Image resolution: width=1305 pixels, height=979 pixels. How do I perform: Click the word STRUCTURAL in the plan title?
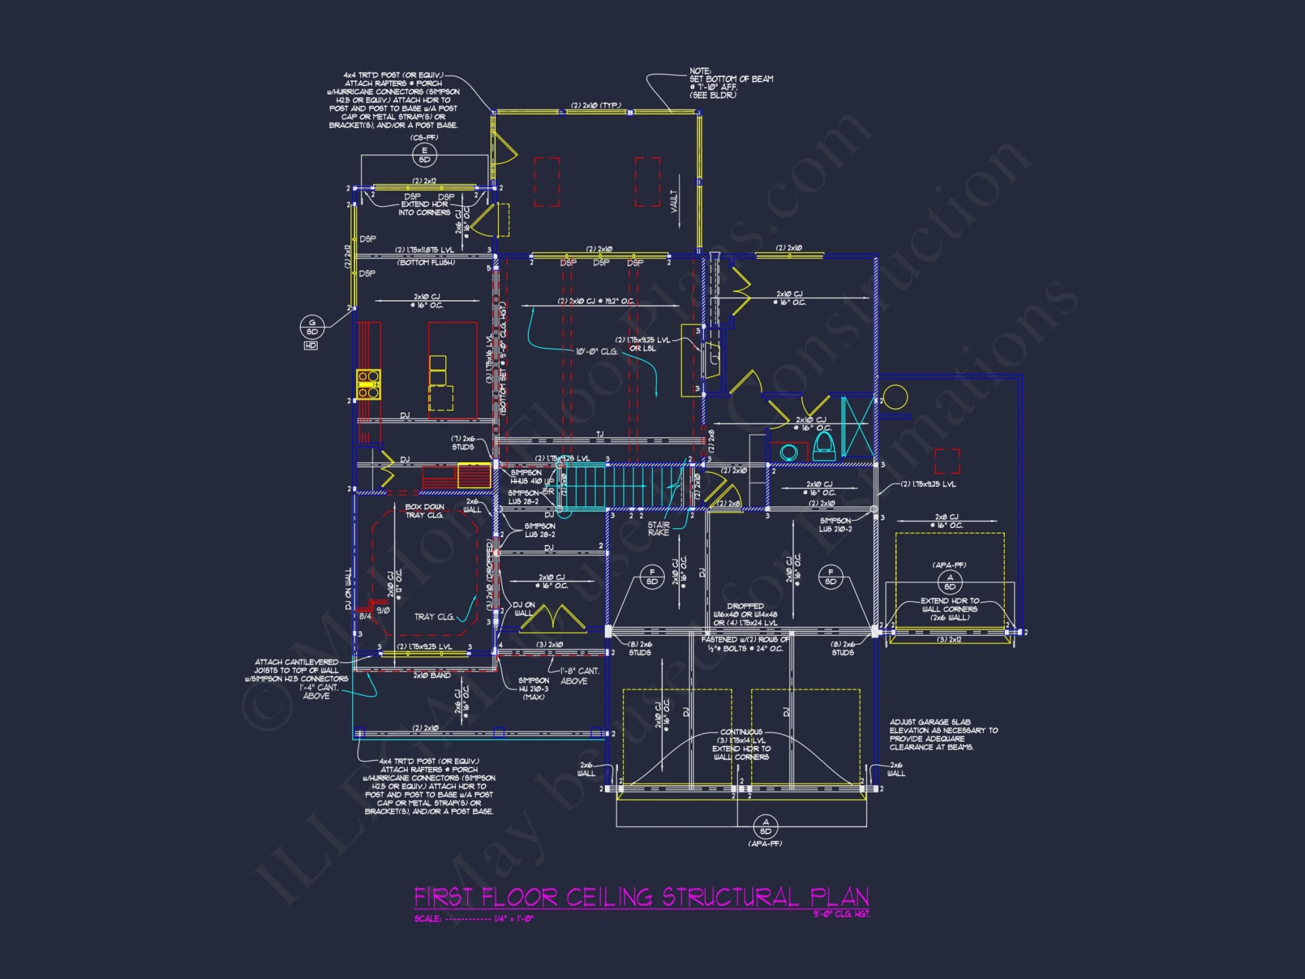pyautogui.click(x=731, y=897)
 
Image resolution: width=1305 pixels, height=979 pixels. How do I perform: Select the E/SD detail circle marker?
pyautogui.click(x=424, y=155)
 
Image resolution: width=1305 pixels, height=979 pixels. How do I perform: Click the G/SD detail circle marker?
pyautogui.click(x=312, y=327)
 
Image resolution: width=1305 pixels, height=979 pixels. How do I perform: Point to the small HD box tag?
pyautogui.click(x=311, y=345)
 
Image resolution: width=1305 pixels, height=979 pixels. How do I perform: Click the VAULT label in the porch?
pyautogui.click(x=674, y=200)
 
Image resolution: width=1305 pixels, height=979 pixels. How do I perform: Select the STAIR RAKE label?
pyautogui.click(x=658, y=529)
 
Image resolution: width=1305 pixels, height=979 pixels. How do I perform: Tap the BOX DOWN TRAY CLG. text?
pyautogui.click(x=424, y=511)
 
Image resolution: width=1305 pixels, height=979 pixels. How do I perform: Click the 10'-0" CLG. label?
pyautogui.click(x=596, y=351)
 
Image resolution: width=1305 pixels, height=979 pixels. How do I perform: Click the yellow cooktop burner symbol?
pyautogui.click(x=369, y=384)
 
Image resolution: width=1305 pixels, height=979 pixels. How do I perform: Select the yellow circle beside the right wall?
pyautogui.click(x=895, y=397)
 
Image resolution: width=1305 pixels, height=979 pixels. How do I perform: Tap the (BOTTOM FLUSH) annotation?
pyautogui.click(x=426, y=262)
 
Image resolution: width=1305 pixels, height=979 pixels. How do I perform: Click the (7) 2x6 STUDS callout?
pyautogui.click(x=463, y=443)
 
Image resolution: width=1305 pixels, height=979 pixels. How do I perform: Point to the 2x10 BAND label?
pyautogui.click(x=431, y=676)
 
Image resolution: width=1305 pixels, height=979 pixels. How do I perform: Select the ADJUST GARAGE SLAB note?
pyautogui.click(x=943, y=734)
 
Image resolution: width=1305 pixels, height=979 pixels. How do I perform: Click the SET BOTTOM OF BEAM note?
pyautogui.click(x=731, y=83)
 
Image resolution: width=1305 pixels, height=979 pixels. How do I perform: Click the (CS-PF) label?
pyautogui.click(x=424, y=138)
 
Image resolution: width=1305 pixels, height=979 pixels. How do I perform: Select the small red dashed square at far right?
pyautogui.click(x=947, y=461)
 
